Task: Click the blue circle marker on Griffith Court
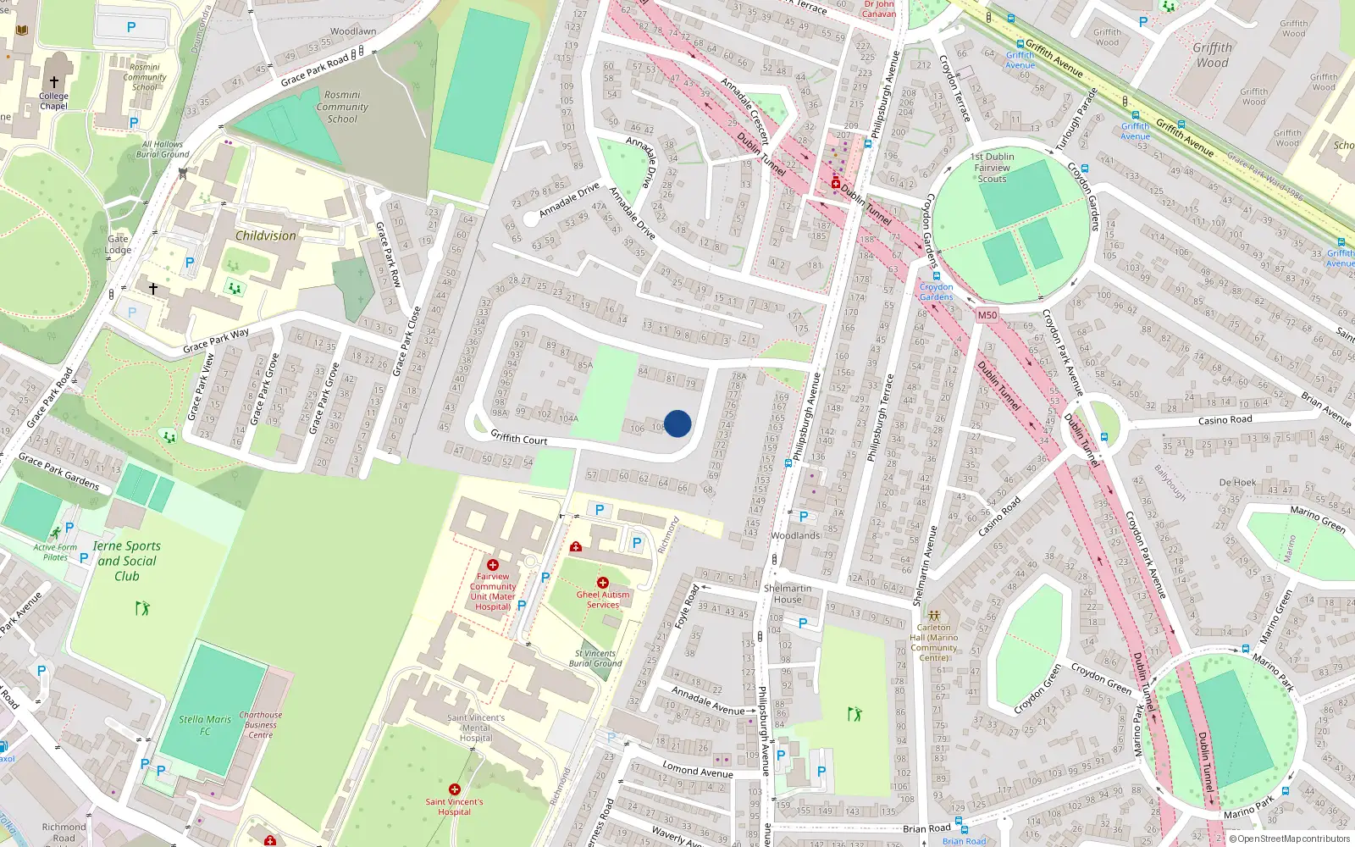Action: pos(677,423)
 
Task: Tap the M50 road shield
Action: pos(987,315)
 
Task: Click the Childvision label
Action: pos(266,236)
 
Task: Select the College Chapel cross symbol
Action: pos(53,82)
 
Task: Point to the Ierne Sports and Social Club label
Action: pos(127,561)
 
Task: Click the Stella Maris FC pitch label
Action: pos(205,725)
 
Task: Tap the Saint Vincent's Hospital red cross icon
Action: pos(455,789)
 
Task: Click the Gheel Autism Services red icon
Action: pos(602,583)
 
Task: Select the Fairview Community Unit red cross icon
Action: pos(492,565)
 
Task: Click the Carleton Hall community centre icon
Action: pos(934,616)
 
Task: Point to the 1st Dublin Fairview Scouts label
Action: pos(993,168)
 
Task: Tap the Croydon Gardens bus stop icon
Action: pos(936,276)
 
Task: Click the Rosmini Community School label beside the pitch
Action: pos(342,107)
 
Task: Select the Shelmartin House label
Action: pos(788,594)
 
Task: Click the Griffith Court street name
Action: pos(519,438)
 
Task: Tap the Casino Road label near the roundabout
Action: pos(1225,420)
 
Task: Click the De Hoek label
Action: pos(1237,482)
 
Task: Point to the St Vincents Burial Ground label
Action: pos(595,658)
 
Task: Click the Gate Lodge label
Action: pos(118,245)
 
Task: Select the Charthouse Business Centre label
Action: pos(261,725)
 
